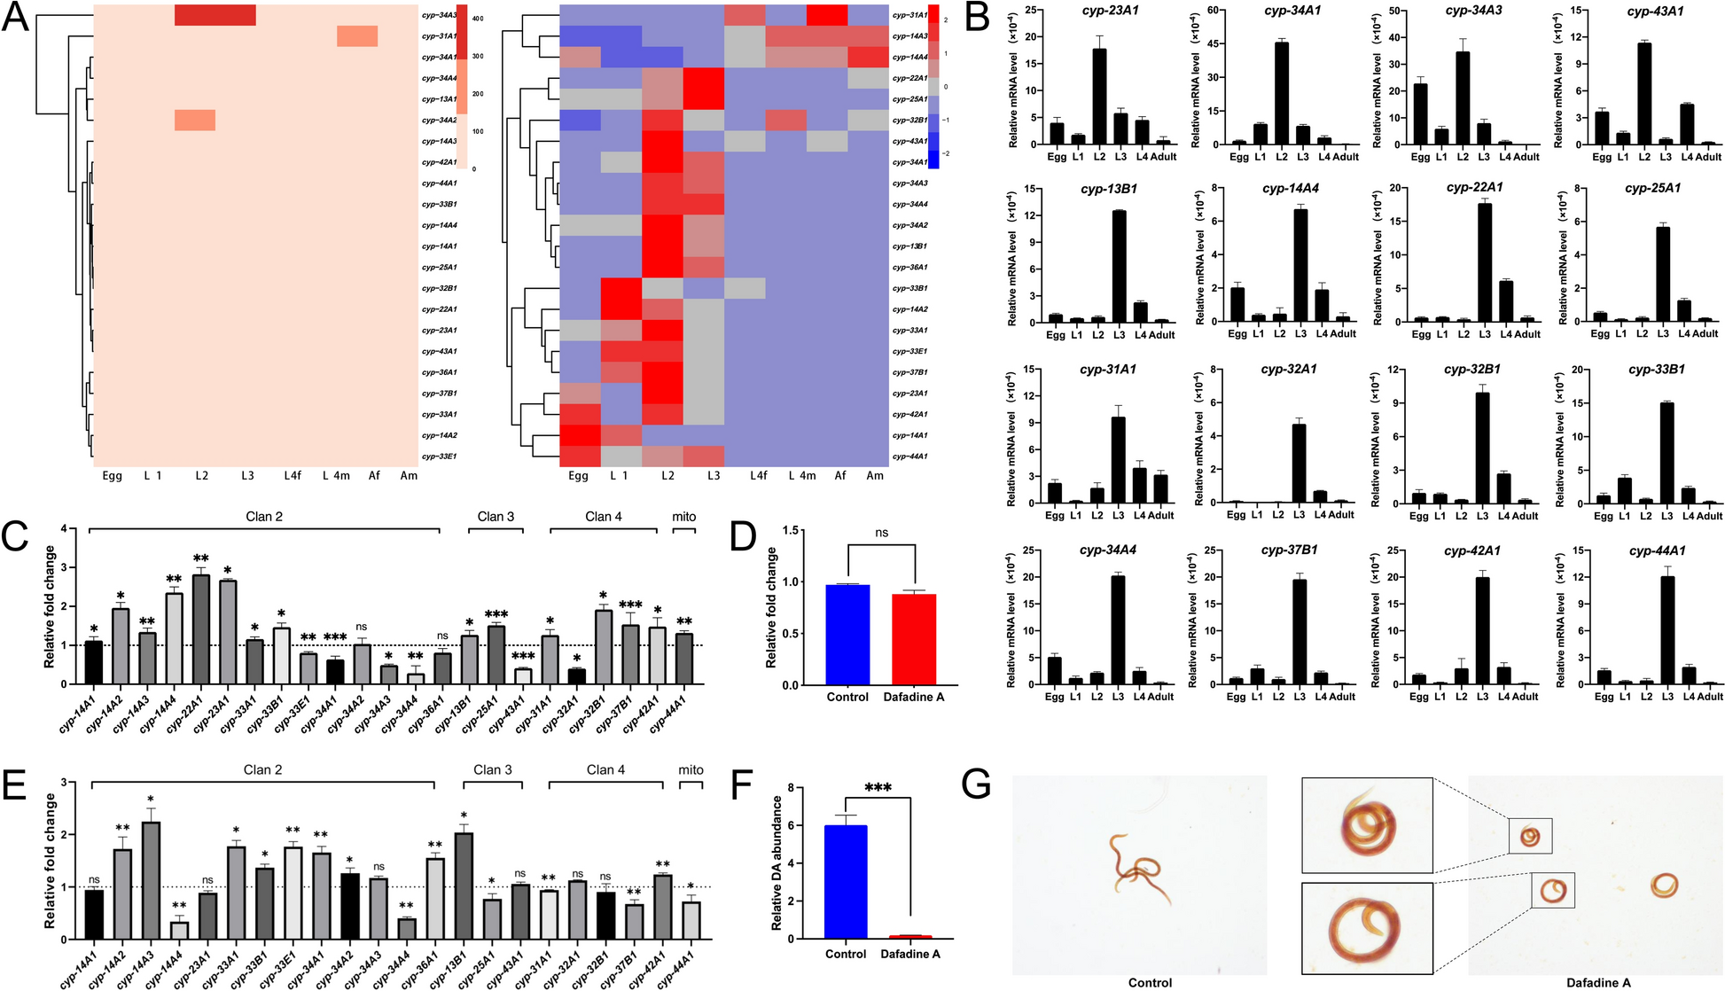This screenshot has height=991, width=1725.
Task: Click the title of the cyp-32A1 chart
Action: (1289, 369)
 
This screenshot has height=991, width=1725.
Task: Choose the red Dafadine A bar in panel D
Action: (914, 639)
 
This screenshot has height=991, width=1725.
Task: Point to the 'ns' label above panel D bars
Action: (881, 533)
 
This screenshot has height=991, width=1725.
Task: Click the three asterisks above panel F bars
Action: (878, 787)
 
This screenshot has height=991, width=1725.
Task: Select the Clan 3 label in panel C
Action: (496, 516)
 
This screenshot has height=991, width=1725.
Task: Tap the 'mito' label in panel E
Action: (691, 769)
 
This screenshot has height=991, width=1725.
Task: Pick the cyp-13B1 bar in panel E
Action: (464, 886)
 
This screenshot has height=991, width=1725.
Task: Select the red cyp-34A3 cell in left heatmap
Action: (215, 15)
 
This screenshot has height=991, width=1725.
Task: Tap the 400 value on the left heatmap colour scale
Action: (477, 18)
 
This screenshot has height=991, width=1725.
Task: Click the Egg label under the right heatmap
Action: (578, 475)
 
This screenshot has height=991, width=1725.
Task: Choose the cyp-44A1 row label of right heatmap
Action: (909, 456)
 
